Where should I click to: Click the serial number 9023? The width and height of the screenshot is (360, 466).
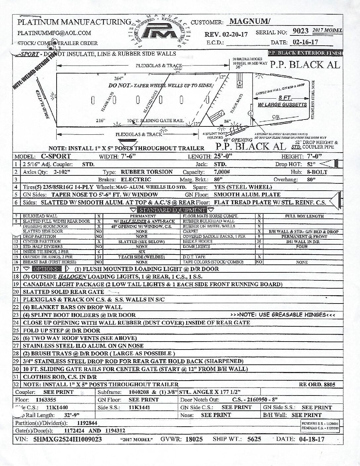(x=300, y=31)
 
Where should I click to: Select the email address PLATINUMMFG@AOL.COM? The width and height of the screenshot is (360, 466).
(x=54, y=33)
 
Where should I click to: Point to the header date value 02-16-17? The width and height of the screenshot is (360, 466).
(x=304, y=42)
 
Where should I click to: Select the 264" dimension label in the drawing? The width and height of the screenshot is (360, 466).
(x=118, y=79)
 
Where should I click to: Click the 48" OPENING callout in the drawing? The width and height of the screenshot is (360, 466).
(x=238, y=140)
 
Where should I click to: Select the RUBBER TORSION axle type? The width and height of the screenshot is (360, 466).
(x=147, y=172)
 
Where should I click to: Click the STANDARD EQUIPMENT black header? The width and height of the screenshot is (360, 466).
(x=172, y=210)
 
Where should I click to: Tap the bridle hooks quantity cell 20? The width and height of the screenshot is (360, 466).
(x=259, y=242)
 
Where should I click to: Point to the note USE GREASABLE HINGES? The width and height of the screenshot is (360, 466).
(x=282, y=314)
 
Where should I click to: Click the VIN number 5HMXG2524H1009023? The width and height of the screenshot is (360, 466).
(x=67, y=440)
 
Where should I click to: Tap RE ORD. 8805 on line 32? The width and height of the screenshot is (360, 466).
(x=317, y=385)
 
